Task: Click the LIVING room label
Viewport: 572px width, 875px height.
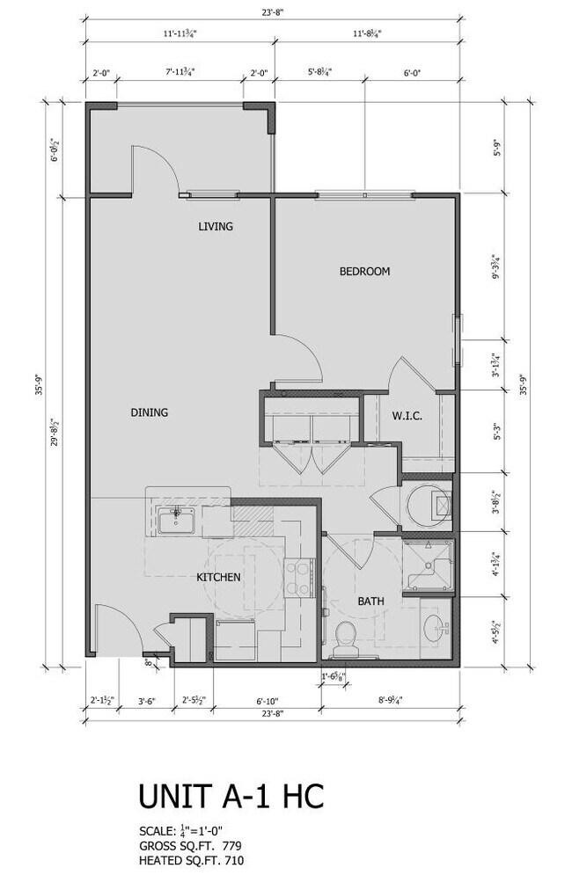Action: [x=216, y=227]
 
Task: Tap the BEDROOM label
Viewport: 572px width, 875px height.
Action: [x=364, y=272]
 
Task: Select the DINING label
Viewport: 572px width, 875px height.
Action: [x=150, y=412]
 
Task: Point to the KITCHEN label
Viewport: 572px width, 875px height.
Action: [x=218, y=578]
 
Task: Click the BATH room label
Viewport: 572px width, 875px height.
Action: [x=370, y=602]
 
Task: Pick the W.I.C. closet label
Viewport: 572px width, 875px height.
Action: [x=407, y=416]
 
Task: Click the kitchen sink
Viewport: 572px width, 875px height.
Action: [x=176, y=521]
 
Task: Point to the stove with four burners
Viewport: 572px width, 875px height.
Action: [x=296, y=579]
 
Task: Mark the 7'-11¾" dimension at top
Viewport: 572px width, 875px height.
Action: [x=180, y=75]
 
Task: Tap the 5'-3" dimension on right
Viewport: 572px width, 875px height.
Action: [x=498, y=433]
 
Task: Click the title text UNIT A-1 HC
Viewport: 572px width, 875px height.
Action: [x=231, y=796]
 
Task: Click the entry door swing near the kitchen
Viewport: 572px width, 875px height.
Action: [x=114, y=631]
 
